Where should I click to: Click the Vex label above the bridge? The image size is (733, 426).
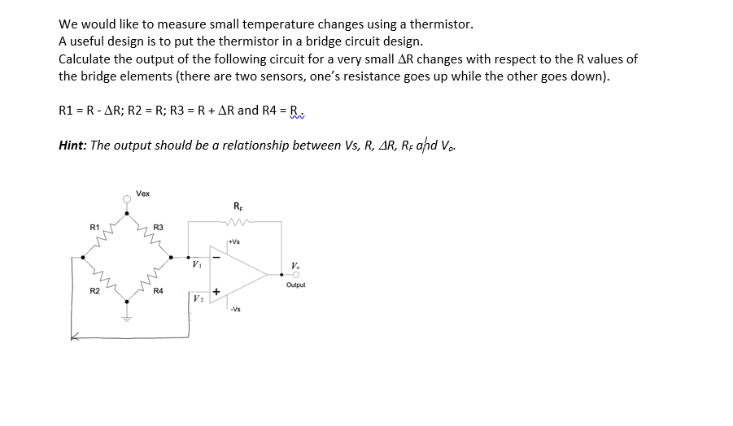(143, 193)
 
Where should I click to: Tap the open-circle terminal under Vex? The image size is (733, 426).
(126, 198)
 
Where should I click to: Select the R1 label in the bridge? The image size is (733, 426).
(94, 226)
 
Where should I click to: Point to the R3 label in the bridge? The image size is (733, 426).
(158, 226)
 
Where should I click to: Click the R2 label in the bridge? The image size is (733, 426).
(94, 290)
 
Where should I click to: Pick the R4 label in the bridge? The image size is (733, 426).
(158, 290)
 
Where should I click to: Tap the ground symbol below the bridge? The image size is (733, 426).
(127, 316)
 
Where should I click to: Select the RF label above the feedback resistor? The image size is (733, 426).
(238, 206)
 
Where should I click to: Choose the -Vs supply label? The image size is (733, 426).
(234, 309)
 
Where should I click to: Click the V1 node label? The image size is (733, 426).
(196, 265)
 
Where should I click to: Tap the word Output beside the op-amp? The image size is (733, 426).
(296, 285)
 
